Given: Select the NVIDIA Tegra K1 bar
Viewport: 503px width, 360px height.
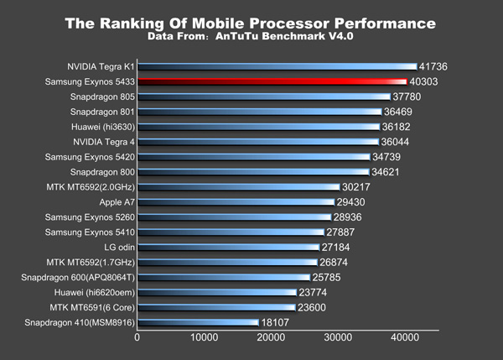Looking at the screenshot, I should coord(277,65).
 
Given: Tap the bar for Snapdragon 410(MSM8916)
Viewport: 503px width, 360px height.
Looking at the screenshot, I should coord(198,322).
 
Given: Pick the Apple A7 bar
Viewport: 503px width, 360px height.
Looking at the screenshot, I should coord(235,202).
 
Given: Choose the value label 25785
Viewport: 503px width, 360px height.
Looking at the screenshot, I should coord(331,277).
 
